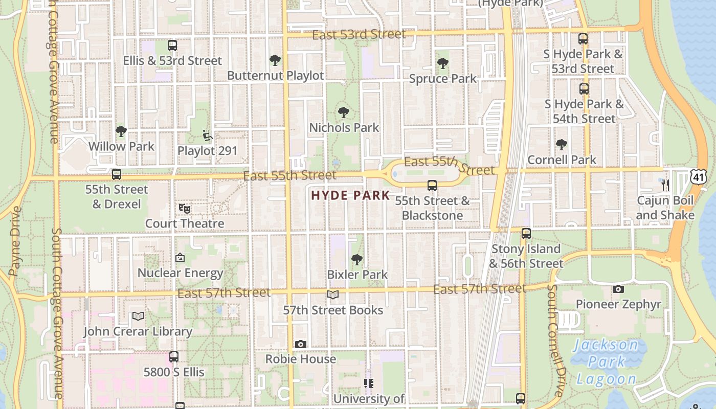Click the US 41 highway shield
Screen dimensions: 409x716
tap(698, 176)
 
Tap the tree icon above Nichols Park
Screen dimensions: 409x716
tap(344, 112)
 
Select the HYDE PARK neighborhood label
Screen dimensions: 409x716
tap(350, 195)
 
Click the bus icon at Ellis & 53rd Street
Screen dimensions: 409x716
tap(172, 46)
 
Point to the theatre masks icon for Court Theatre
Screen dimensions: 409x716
tap(185, 208)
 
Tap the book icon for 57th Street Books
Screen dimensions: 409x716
tap(333, 295)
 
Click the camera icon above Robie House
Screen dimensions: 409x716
tap(301, 344)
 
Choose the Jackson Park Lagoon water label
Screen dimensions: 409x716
tap(606, 361)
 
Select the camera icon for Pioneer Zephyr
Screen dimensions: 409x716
tap(618, 289)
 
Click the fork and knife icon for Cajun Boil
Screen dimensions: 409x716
tap(665, 185)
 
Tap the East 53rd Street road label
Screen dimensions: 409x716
tap(359, 35)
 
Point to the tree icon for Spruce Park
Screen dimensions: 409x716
tap(443, 63)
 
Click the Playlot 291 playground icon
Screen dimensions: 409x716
tap(207, 135)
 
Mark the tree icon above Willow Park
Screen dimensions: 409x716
tap(121, 131)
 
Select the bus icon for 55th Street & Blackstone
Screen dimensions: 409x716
tap(432, 186)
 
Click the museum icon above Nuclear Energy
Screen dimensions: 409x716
tap(180, 258)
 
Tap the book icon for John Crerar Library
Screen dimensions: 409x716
tap(138, 316)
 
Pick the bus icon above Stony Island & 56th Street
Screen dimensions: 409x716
tap(526, 234)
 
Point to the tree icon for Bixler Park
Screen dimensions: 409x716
tap(357, 260)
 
